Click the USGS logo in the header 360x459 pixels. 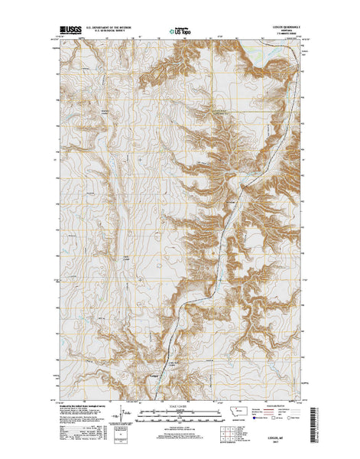[x=68, y=33]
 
